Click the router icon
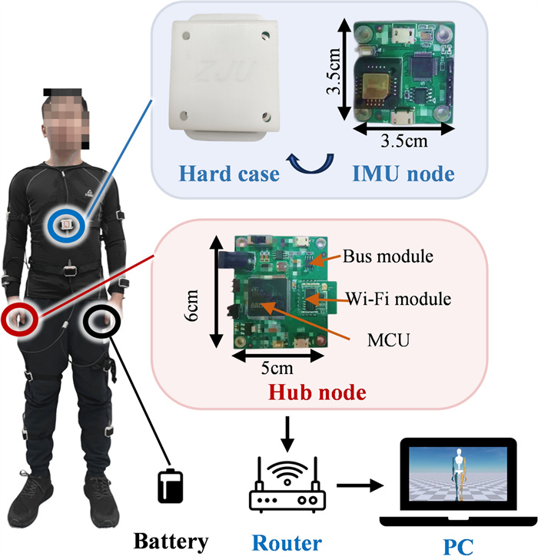pos(284,482)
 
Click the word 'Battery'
pos(170,541)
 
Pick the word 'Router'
pos(285,542)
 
